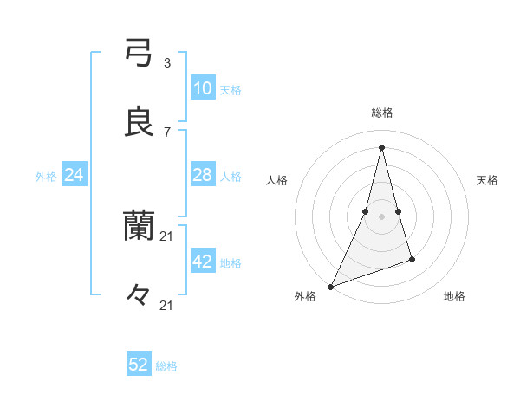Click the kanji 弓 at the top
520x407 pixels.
coord(139,53)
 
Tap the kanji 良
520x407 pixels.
coord(139,122)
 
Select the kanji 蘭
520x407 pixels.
coord(139,227)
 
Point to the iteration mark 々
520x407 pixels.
coord(139,295)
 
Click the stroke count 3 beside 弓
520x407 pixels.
coord(167,62)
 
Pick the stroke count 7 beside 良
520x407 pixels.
coord(167,132)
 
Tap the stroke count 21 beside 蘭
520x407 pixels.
coord(167,236)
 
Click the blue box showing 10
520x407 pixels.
coord(202,87)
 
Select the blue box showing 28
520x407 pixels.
coord(202,175)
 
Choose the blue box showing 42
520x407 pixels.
coord(202,262)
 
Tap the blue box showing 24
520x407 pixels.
coord(75,175)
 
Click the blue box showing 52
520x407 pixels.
coord(139,365)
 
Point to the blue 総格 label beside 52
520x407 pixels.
coord(166,366)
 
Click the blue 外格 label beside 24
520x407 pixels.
coord(46,176)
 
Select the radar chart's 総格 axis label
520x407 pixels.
coord(382,113)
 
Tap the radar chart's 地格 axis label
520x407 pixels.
coord(454,297)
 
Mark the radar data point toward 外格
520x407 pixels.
coord(330,287)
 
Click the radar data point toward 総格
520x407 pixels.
coord(382,147)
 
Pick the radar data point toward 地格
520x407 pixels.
coord(413,259)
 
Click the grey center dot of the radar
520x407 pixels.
coord(382,216)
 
